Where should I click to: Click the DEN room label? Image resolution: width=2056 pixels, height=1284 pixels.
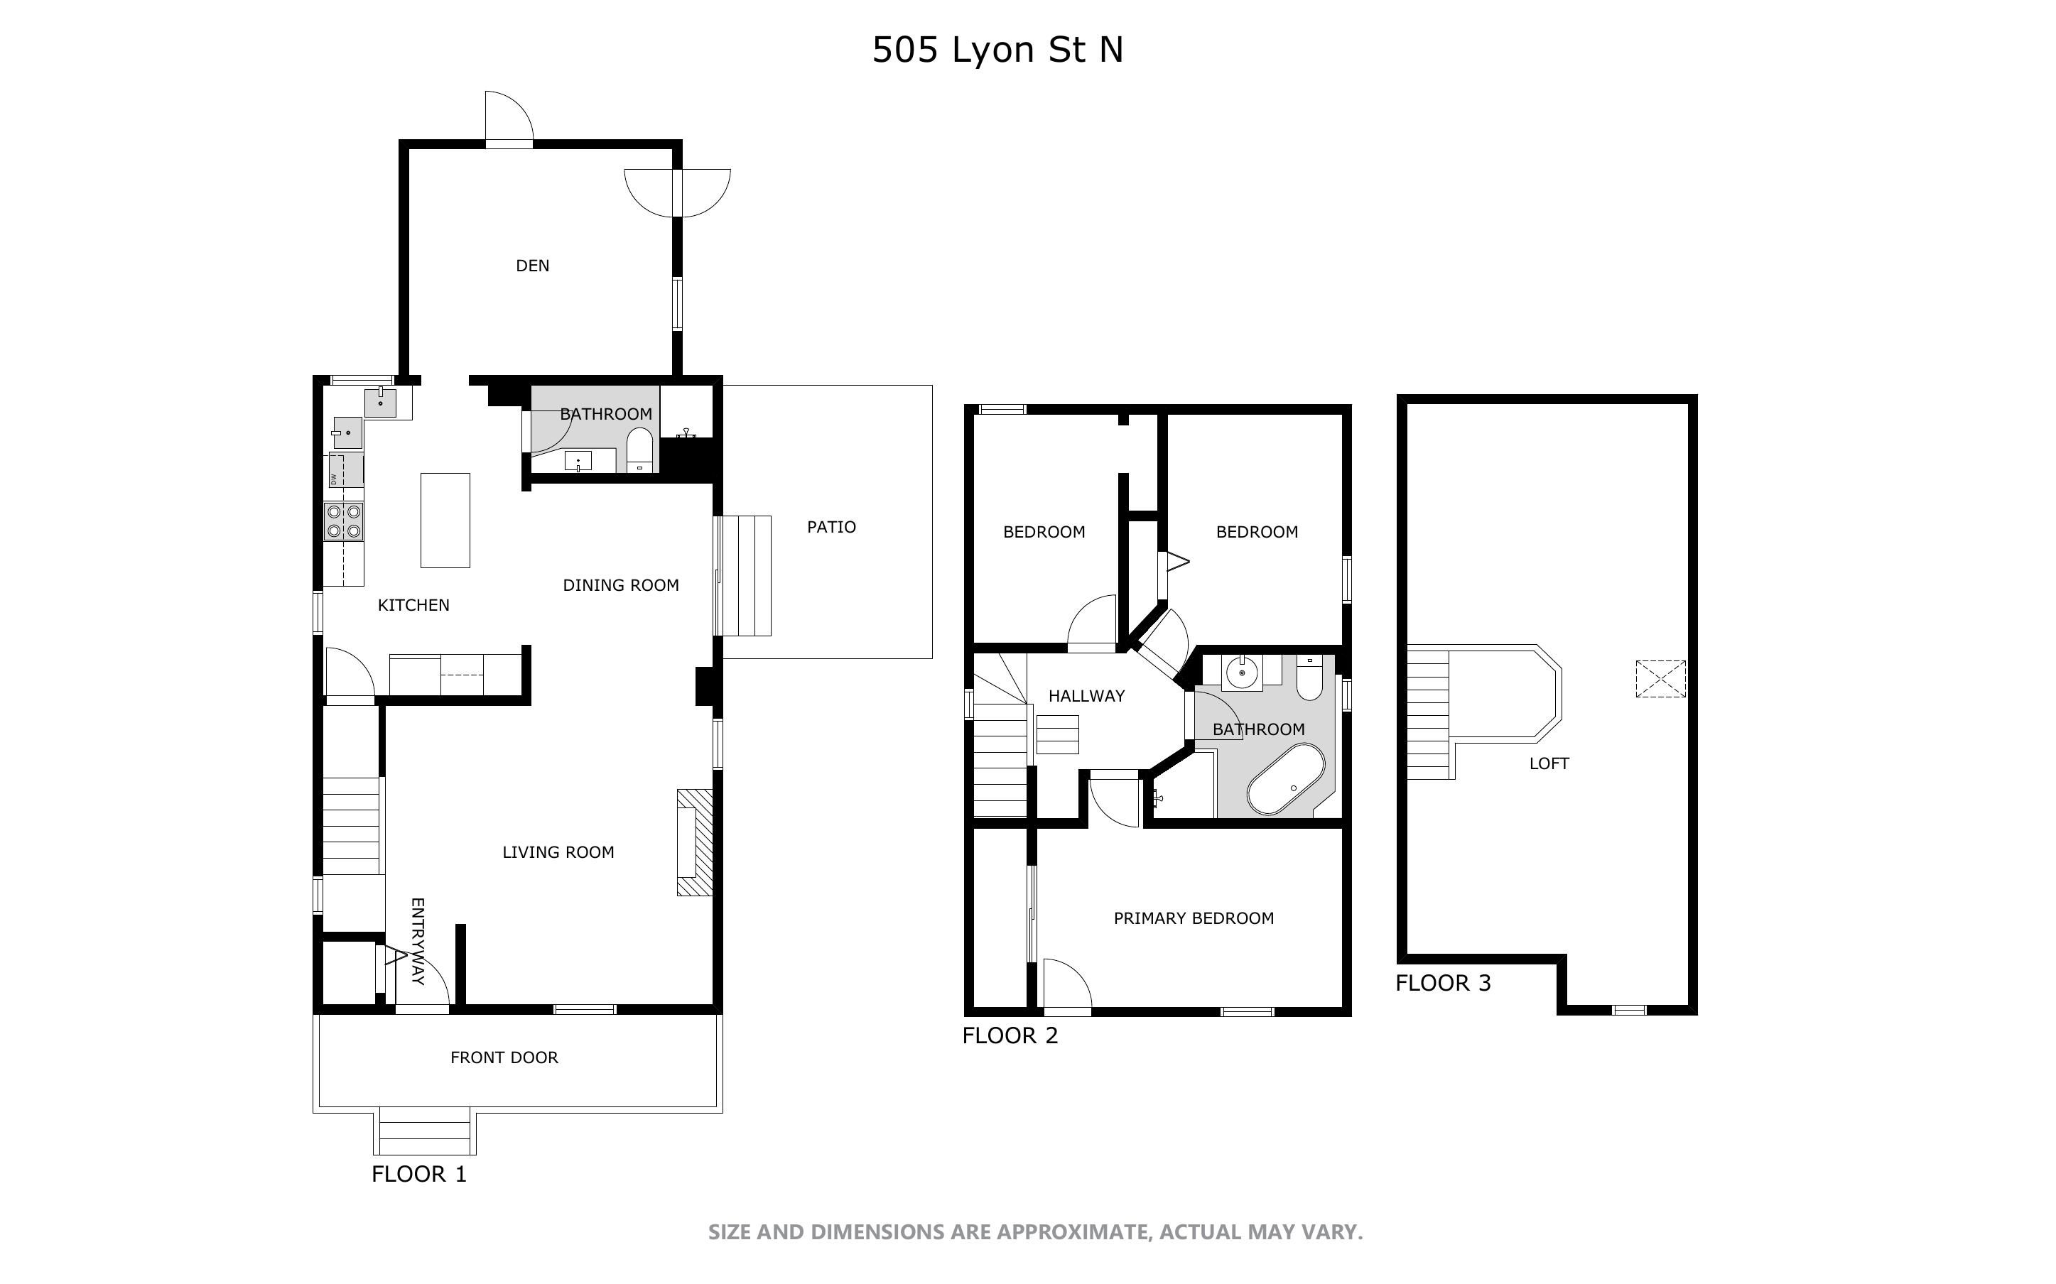click(532, 266)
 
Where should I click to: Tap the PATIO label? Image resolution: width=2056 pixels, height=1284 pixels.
click(831, 528)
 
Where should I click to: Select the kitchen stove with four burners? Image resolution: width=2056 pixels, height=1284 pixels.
click(344, 521)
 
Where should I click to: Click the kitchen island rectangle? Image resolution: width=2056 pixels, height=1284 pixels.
click(445, 521)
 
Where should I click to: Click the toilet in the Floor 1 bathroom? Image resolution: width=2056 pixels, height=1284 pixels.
click(639, 450)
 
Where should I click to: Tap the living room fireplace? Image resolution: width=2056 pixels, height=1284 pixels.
click(694, 842)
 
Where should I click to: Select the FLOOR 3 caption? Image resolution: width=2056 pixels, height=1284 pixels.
click(1443, 984)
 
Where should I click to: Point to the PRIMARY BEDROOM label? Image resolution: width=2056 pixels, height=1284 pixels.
click(1194, 918)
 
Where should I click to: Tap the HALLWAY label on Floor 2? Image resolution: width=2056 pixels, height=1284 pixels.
click(1086, 697)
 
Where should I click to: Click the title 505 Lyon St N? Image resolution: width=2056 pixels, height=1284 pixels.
click(998, 50)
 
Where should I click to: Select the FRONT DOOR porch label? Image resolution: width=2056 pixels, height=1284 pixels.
click(504, 1058)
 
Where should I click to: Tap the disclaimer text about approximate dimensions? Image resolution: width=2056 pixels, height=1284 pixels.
click(1035, 1232)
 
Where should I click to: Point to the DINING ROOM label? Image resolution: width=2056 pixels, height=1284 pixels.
click(621, 586)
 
